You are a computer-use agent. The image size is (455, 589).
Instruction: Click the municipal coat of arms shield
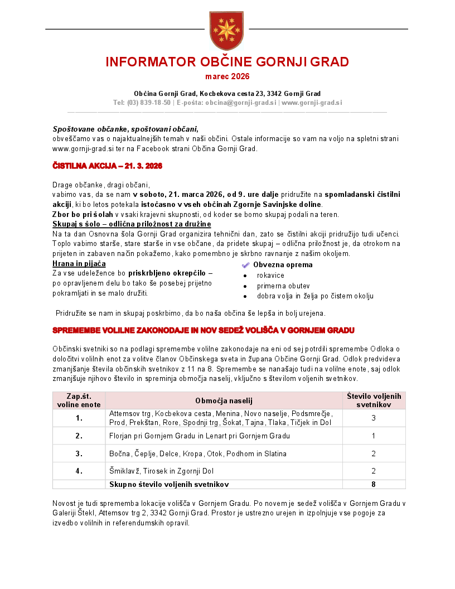pos(226,31)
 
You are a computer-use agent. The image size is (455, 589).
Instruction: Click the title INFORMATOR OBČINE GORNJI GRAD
pos(227,61)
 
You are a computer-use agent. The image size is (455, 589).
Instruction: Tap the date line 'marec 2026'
pos(227,76)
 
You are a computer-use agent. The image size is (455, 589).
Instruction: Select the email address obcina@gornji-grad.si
pos(241,103)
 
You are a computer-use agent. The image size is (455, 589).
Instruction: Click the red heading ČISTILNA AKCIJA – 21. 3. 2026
pos(107,166)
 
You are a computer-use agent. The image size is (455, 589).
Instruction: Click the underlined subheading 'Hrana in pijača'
pos(79,264)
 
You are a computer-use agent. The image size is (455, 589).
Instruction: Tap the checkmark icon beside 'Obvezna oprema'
pos(246,265)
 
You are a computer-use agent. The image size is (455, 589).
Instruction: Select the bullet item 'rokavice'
pos(270,276)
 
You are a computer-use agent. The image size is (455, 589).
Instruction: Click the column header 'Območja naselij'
pos(224,400)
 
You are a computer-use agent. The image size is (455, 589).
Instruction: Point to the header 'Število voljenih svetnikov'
pos(374,400)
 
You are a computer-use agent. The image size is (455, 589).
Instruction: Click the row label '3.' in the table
pos(79,453)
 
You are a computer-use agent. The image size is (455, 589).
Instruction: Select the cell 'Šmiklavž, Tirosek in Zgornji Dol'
pos(166,471)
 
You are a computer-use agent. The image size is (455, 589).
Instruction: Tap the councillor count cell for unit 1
pos(374,418)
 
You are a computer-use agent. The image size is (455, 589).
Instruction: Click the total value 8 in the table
pos(374,484)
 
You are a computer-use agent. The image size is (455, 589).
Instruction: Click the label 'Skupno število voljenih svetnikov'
pos(169,484)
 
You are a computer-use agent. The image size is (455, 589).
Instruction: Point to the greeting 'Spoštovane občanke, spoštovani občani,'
pos(125,128)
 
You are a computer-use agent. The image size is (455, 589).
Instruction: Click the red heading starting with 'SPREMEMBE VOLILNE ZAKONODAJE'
pos(204,330)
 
